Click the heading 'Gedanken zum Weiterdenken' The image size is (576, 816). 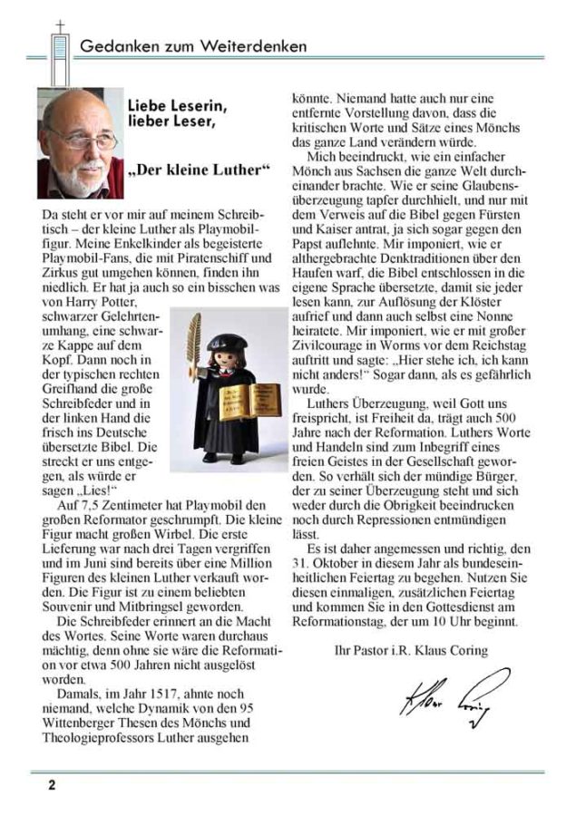(192, 46)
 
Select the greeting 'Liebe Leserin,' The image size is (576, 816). (178, 106)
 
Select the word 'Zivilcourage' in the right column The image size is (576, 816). (330, 345)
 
